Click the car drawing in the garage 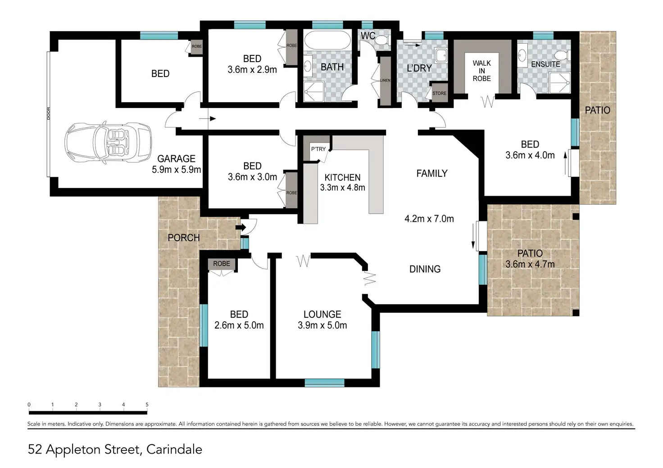pos(109,143)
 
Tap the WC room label pos(368,36)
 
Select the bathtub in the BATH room pos(327,40)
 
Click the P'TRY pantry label pos(318,149)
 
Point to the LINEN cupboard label pos(385,81)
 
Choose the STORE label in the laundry pos(439,93)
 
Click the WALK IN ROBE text pos(481,71)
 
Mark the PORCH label pos(184,238)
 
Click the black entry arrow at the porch pos(241,227)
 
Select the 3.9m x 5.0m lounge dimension pos(322,325)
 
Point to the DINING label pos(425,269)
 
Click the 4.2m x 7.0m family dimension pos(429,219)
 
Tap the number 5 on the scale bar pos(147,405)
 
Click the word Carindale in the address pos(174,450)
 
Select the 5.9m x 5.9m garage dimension pos(177,170)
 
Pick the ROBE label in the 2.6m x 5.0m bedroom pos(222,263)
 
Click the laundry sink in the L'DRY pos(440,55)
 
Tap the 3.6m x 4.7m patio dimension pos(530,264)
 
